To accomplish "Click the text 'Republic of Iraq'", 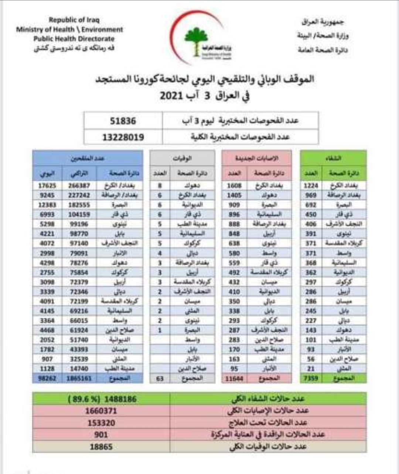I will point(74,20).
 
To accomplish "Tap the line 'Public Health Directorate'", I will point(74,39).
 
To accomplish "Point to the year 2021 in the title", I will point(171,95).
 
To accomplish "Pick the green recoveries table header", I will point(333,158).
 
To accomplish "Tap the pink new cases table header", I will point(257,158).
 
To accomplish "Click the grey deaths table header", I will point(182,158).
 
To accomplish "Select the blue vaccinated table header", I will point(88,158).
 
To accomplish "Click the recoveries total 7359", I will point(311,378).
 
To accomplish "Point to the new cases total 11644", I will point(234,378).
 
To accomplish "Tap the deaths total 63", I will point(160,378).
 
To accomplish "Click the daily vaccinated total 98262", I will point(47,378).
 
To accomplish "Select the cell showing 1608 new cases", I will point(234,186).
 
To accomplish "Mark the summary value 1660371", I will point(101,411).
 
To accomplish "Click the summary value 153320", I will point(101,423).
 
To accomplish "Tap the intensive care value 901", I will point(101,434).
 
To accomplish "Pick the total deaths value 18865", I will point(101,447).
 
